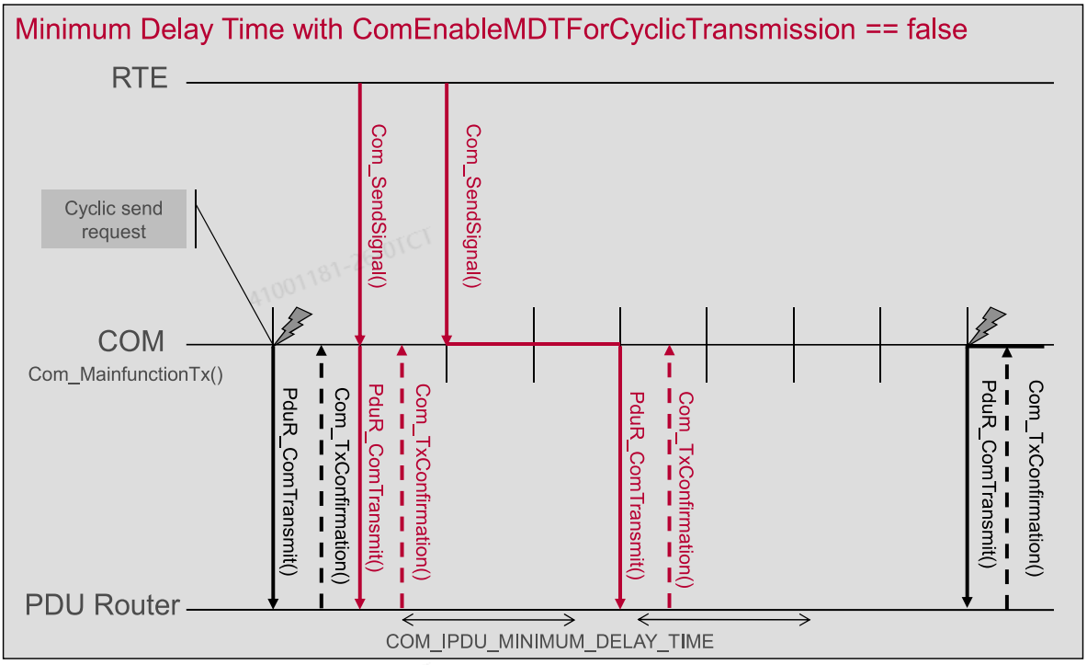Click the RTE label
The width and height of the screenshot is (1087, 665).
point(140,78)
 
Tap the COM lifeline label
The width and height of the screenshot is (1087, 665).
point(130,342)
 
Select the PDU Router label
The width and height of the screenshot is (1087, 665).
point(102,606)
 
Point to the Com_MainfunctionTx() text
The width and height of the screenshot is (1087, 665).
point(125,374)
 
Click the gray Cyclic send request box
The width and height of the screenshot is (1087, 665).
point(114,220)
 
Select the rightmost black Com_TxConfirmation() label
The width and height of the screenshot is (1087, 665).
point(1036,478)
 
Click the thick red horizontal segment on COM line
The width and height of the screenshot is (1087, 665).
point(533,344)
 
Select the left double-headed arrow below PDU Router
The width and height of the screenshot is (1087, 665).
point(489,619)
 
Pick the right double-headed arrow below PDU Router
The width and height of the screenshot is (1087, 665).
point(724,619)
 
